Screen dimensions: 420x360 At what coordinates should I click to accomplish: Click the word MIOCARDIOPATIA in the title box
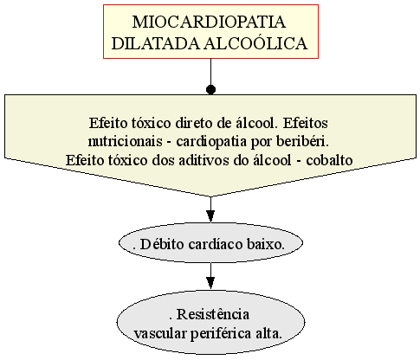(x=209, y=22)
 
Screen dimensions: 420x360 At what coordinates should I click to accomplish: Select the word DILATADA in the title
(x=156, y=43)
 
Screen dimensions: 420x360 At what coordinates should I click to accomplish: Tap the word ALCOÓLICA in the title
(x=255, y=43)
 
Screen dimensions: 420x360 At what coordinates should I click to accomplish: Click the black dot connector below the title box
(x=210, y=90)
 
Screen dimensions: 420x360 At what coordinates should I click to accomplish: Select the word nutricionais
(x=125, y=141)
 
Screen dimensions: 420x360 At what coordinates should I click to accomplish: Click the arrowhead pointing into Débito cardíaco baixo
(x=210, y=216)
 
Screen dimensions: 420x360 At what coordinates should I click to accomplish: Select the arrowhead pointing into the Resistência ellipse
(x=210, y=283)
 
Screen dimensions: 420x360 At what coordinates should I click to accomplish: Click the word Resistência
(x=213, y=314)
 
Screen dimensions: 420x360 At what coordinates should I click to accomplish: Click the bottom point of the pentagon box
(x=210, y=196)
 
